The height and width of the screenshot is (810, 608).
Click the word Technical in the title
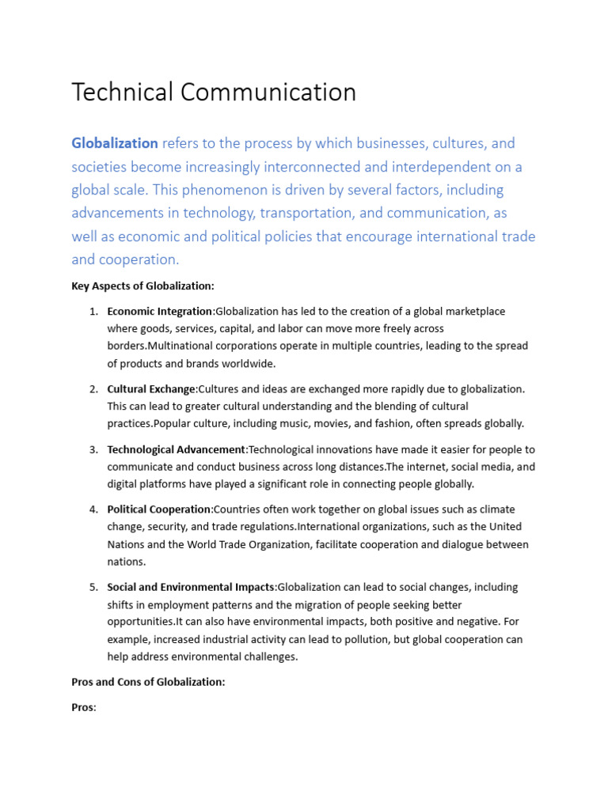[x=123, y=93]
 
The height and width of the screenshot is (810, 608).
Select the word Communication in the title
[x=268, y=93]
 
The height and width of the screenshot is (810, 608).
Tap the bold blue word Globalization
[x=115, y=143]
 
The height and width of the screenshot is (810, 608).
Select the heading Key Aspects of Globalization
[x=142, y=286]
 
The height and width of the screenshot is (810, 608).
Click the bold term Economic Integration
[x=160, y=311]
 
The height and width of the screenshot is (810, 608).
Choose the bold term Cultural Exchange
[x=151, y=388]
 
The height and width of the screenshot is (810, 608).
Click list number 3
[x=93, y=449]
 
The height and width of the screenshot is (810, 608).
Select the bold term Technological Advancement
[x=177, y=449]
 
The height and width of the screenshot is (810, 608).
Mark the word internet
[x=435, y=467]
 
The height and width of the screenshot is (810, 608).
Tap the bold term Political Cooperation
[x=159, y=509]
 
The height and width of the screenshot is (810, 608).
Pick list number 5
[x=93, y=587]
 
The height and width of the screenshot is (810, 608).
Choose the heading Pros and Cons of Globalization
[x=148, y=682]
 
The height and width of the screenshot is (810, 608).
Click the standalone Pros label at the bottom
[x=83, y=707]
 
